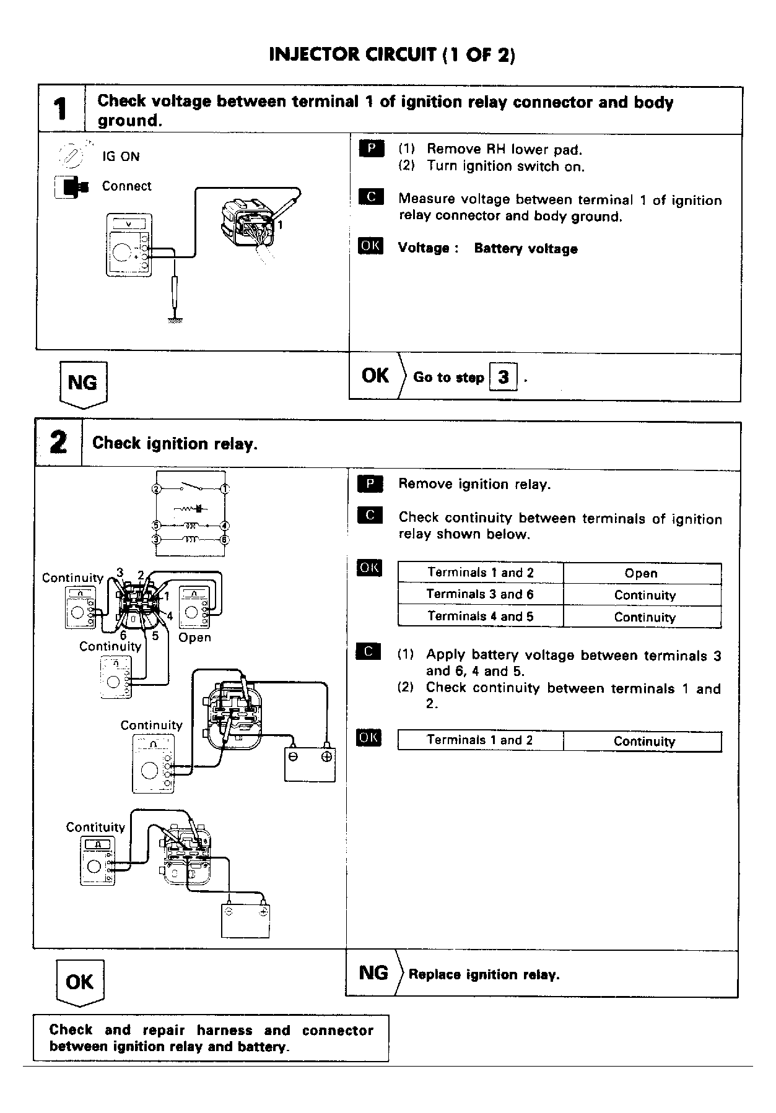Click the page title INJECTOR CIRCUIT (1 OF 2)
[x=392, y=55]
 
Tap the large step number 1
[x=60, y=110]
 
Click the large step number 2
[x=58, y=443]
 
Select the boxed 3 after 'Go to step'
[x=503, y=376]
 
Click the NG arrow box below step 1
[x=83, y=383]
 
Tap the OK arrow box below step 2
[x=80, y=982]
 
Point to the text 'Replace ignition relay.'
[x=484, y=974]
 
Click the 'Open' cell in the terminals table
[x=641, y=573]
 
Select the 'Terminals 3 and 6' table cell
[x=480, y=594]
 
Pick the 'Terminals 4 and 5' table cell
[x=480, y=617]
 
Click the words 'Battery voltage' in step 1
[x=526, y=249]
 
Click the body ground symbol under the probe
[x=175, y=319]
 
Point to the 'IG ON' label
[x=121, y=157]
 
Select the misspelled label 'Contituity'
[x=95, y=827]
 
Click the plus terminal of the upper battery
[x=326, y=756]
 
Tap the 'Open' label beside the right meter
[x=194, y=638]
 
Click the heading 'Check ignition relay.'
[x=175, y=444]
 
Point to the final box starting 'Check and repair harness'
[x=211, y=1038]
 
